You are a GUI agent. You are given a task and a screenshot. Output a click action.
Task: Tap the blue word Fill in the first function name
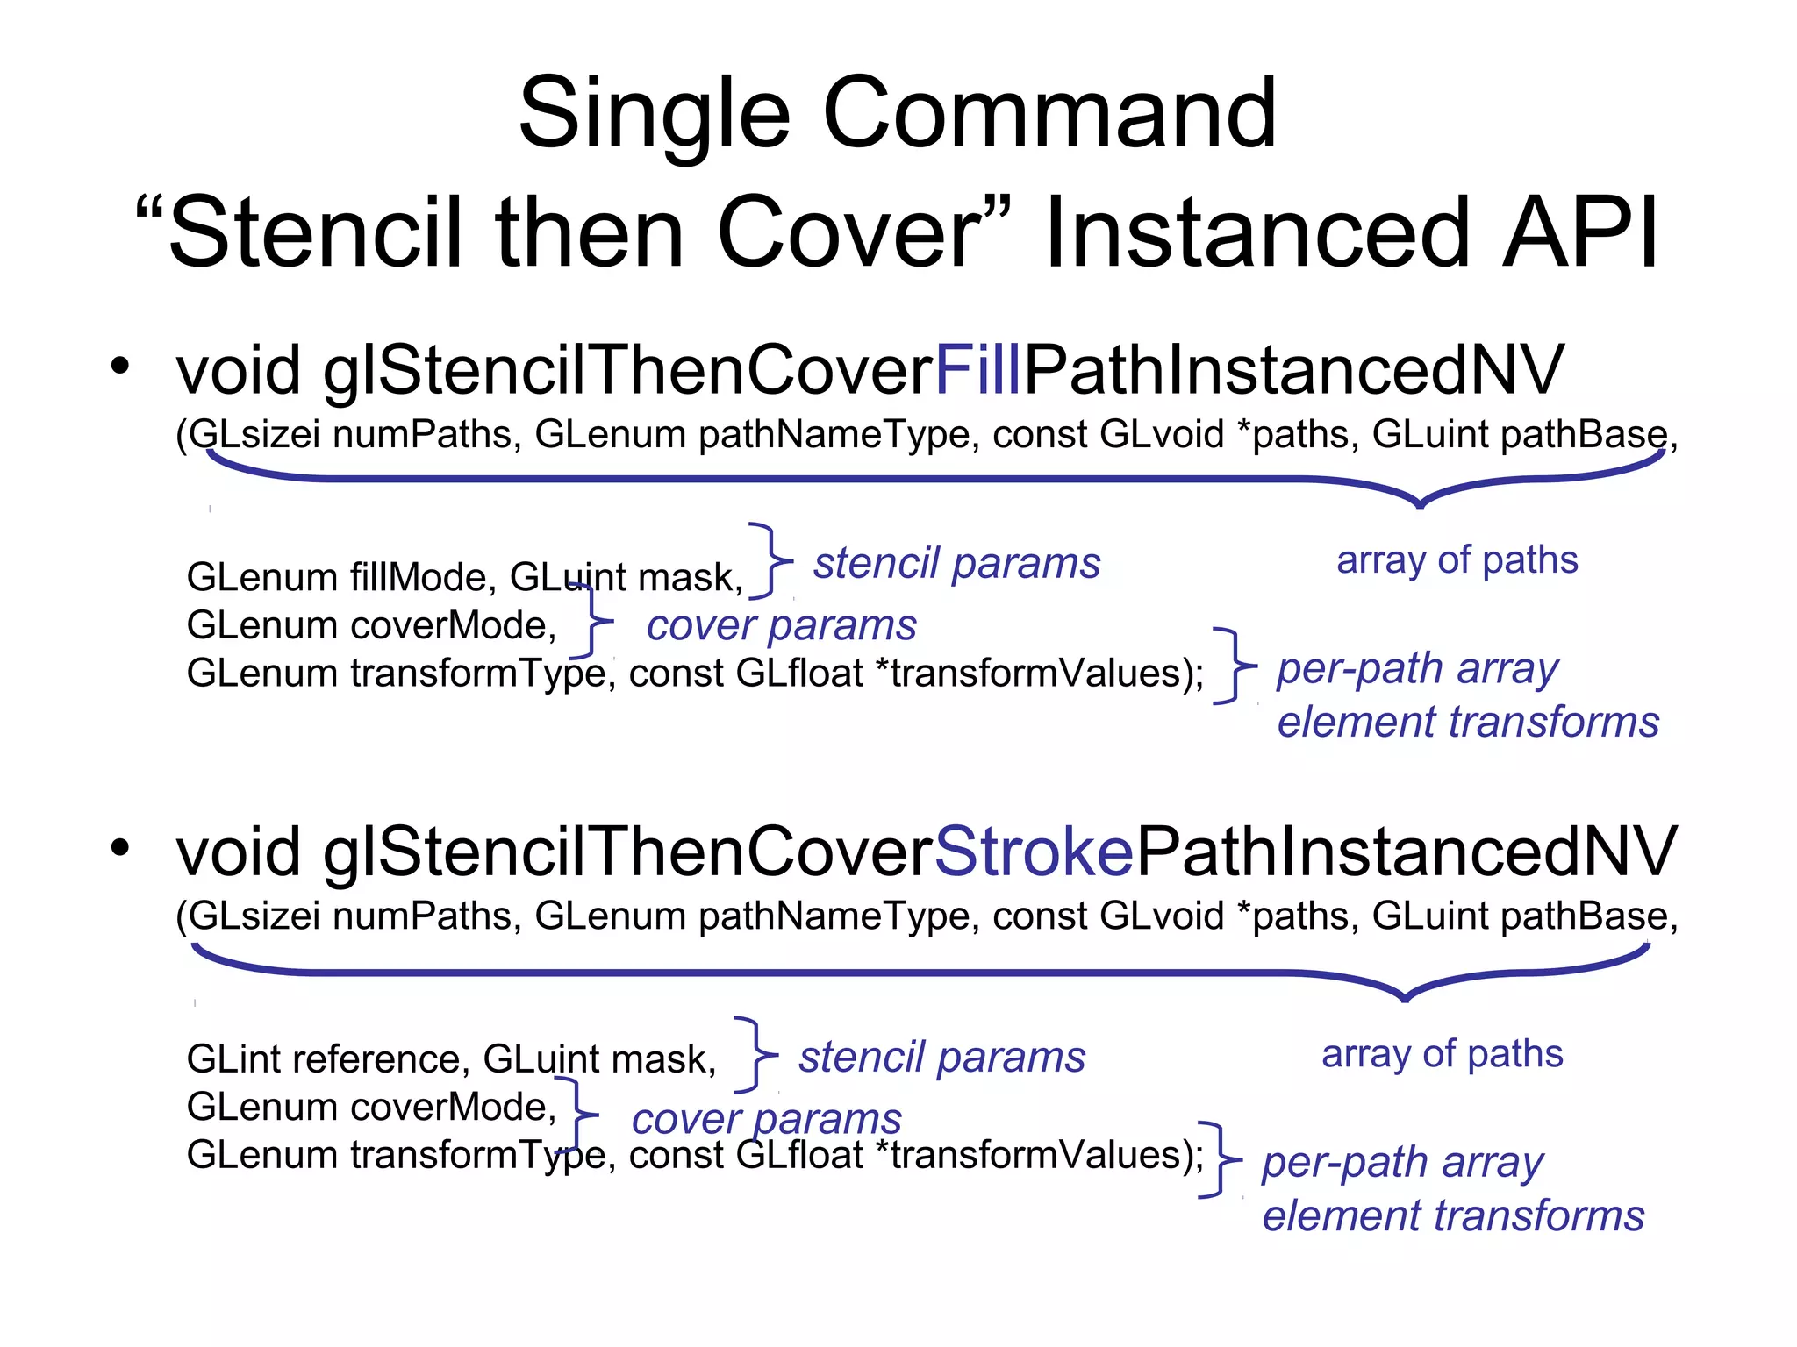[977, 370]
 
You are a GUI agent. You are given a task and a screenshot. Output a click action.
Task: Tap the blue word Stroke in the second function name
[1034, 852]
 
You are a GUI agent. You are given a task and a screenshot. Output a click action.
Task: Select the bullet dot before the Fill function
[120, 366]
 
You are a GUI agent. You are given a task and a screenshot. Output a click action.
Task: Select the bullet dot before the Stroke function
[120, 847]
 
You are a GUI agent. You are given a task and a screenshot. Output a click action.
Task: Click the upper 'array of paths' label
[1457, 559]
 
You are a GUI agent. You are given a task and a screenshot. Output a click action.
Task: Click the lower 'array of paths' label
[1442, 1053]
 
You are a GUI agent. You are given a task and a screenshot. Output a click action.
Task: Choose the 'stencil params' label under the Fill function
[956, 563]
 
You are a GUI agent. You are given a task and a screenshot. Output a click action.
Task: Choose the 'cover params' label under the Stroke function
[766, 1119]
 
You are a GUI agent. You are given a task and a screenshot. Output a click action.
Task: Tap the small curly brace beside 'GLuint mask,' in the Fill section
[770, 561]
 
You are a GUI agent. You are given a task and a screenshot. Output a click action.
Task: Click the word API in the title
[1579, 232]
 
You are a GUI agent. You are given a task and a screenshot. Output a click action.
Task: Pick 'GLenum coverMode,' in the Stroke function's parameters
[371, 1107]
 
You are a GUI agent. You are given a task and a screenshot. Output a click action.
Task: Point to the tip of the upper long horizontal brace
[1420, 504]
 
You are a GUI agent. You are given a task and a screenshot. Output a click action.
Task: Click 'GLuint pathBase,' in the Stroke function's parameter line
[1524, 916]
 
